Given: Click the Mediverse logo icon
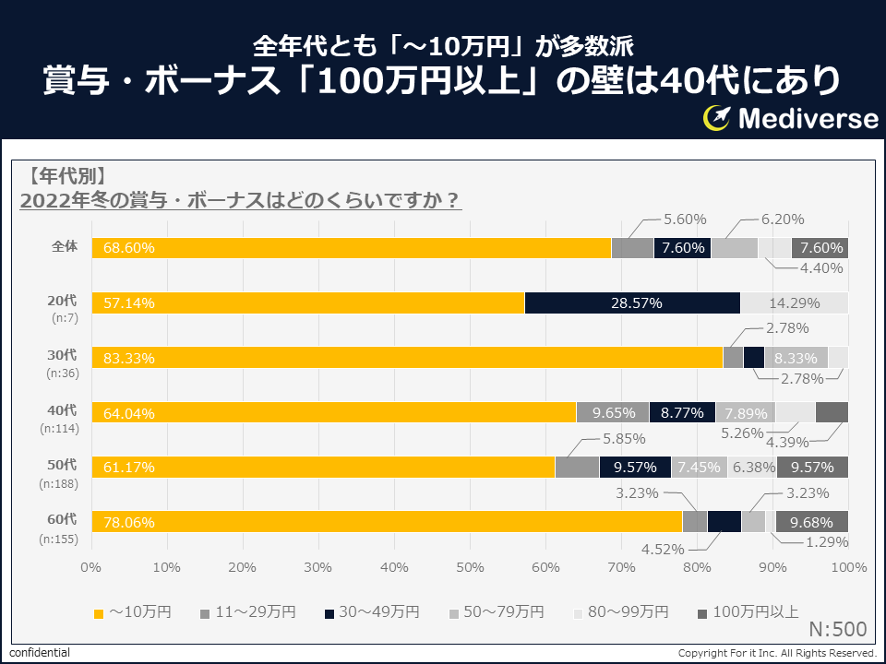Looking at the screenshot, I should [x=717, y=118].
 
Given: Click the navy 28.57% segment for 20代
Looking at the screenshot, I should [x=632, y=302].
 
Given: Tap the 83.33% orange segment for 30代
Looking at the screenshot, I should [x=406, y=357].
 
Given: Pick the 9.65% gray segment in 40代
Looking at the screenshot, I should [x=613, y=412].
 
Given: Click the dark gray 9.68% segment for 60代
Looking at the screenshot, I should [x=812, y=521].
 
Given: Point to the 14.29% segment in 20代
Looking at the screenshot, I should [x=795, y=302].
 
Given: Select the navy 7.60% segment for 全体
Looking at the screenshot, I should [x=683, y=248].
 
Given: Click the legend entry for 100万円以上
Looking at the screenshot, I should [x=748, y=611].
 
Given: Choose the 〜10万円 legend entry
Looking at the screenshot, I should [x=130, y=611].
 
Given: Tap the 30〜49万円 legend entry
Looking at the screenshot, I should [x=372, y=611].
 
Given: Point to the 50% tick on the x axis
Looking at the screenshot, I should [x=470, y=566].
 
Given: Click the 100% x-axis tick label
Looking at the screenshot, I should [x=848, y=566].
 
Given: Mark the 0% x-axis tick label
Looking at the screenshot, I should [x=90, y=566].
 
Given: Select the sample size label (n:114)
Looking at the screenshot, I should [x=59, y=429].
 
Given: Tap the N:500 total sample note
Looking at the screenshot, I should [x=837, y=630].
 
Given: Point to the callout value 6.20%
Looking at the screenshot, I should [x=783, y=219].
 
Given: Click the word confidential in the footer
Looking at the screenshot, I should [x=40, y=653].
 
